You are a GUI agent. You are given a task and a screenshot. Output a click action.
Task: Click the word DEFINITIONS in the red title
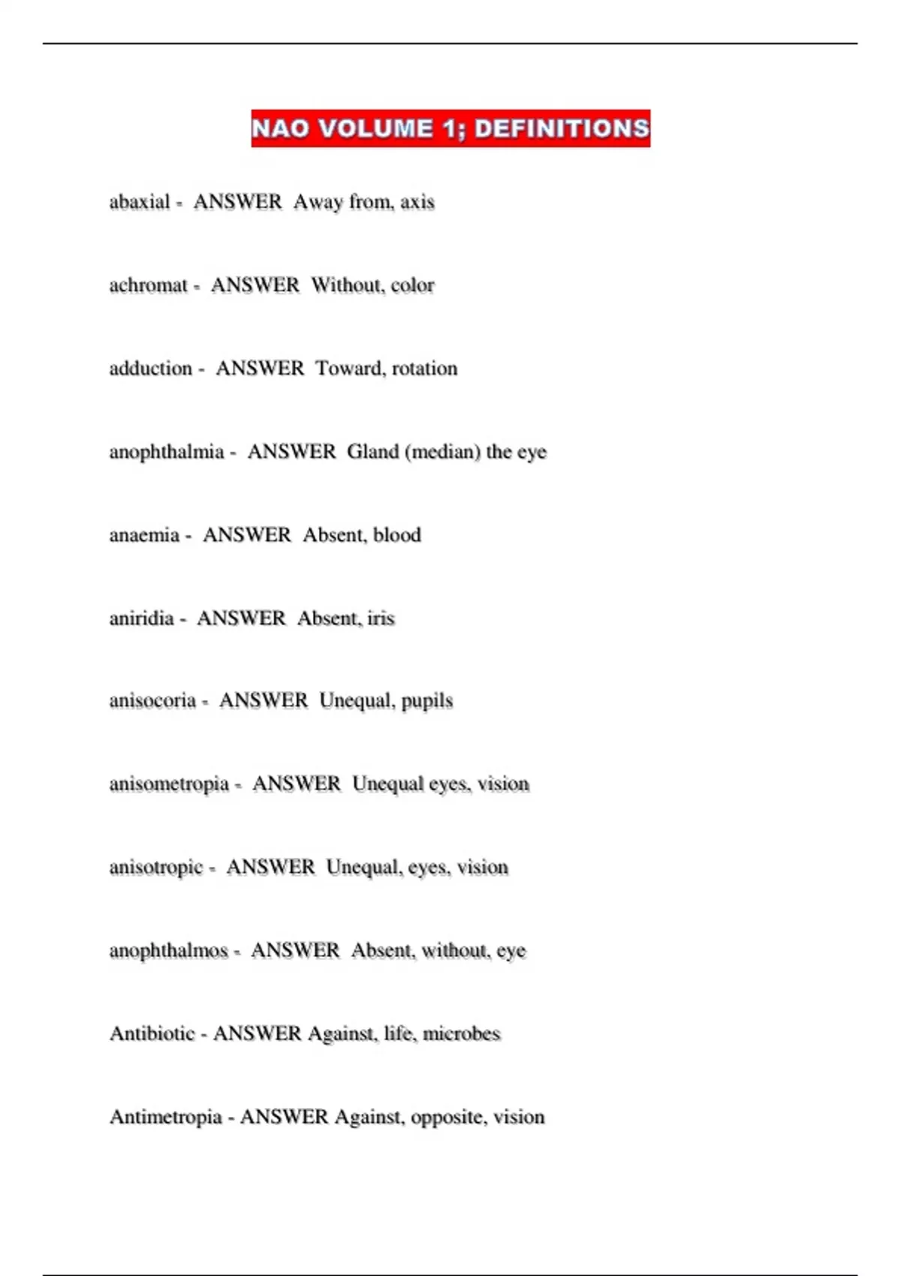562,129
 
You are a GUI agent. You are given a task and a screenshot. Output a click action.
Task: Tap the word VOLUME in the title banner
376,129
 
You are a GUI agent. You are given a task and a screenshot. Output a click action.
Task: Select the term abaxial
140,202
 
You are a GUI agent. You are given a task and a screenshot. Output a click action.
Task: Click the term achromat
148,285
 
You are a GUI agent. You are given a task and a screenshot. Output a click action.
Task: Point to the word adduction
151,369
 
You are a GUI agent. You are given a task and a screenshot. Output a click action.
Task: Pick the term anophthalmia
167,452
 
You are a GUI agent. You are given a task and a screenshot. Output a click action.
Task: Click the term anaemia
144,535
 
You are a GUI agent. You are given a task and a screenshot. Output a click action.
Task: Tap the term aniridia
141,618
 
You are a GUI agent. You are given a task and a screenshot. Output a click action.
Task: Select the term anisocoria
152,701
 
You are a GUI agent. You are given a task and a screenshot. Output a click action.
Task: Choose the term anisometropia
169,784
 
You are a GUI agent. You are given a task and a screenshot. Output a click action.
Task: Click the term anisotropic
156,868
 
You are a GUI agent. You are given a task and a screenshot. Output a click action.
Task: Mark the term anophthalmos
169,951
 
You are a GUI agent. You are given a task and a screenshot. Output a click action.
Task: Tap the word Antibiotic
152,1034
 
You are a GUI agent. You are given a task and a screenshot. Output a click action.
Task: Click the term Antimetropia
166,1117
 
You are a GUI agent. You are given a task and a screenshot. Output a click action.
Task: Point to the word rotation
424,369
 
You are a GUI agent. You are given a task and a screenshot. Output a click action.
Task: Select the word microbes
461,1034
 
